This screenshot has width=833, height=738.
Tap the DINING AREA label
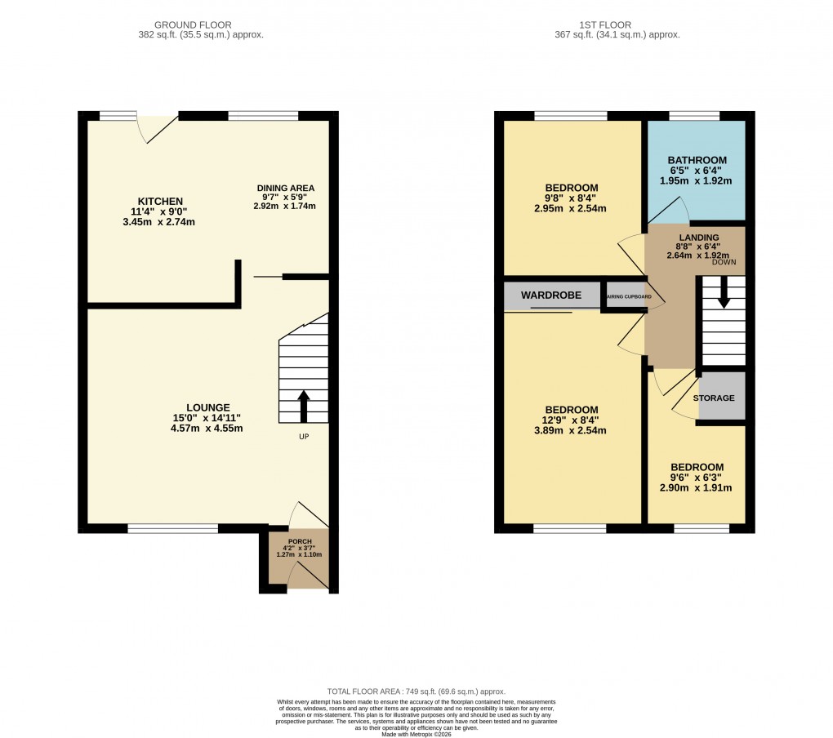click(x=284, y=188)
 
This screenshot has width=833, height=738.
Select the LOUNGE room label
click(x=207, y=407)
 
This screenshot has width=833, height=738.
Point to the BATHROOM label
click(x=697, y=160)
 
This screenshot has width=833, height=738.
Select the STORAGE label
click(x=714, y=398)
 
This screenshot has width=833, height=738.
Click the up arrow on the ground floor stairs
click(x=304, y=406)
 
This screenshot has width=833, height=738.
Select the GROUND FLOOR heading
click(x=200, y=25)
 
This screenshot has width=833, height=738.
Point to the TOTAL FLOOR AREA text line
click(x=416, y=690)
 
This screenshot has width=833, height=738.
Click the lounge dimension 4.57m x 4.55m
click(x=207, y=429)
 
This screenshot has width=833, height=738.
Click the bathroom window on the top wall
click(x=695, y=116)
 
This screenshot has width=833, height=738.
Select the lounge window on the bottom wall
click(x=173, y=528)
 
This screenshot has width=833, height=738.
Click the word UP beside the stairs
click(x=304, y=437)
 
